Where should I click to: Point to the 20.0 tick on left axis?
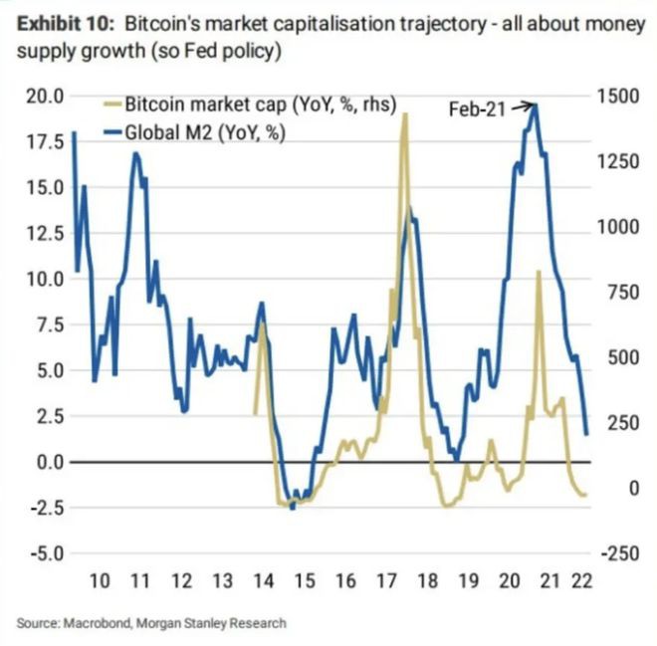point(46,97)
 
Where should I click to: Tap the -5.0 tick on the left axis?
point(46,554)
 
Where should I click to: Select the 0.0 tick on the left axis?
point(48,463)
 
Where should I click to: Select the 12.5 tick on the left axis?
point(46,234)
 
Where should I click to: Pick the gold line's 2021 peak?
point(539,271)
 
